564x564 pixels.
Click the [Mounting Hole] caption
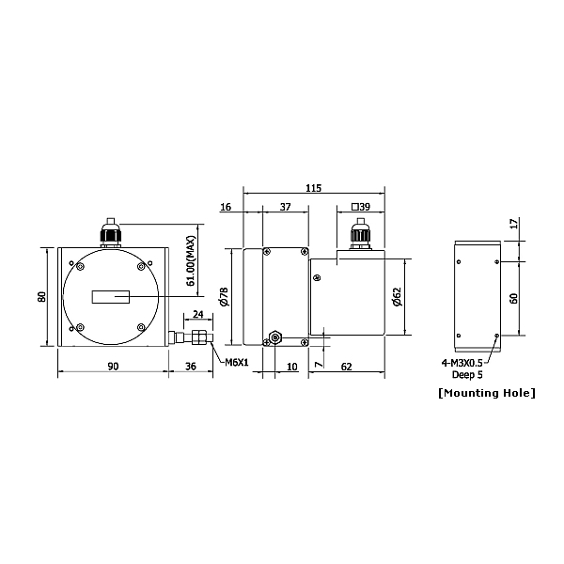(486, 392)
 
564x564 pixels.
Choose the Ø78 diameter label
(224, 297)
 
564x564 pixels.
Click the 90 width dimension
(112, 367)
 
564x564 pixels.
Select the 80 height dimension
(41, 296)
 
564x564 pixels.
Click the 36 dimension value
(192, 367)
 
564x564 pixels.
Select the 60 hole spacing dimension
(512, 297)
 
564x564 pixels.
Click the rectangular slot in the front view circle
(110, 297)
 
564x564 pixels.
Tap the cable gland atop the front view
(111, 233)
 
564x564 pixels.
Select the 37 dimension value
(286, 207)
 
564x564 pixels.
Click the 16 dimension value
(226, 207)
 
